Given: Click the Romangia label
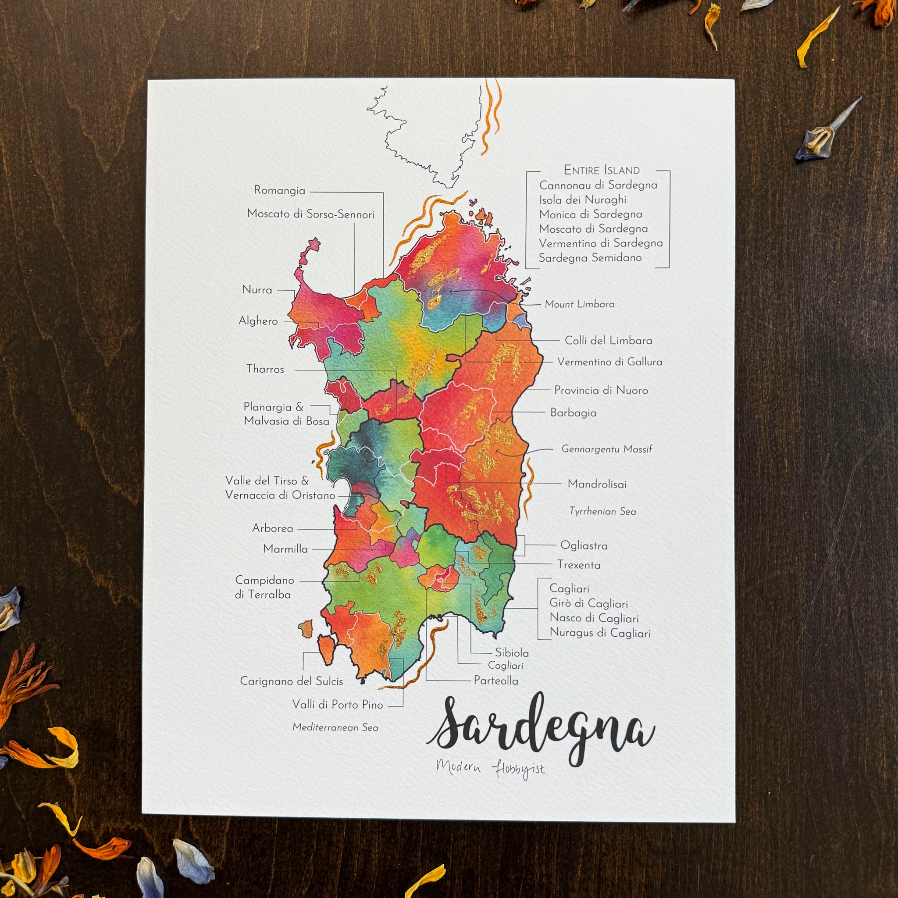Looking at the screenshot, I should [x=279, y=190].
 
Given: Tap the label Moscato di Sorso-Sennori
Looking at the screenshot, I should [x=310, y=214].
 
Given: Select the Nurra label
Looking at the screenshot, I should [x=257, y=289].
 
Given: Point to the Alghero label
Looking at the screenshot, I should [x=258, y=321].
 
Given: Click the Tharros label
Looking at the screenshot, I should [x=265, y=369].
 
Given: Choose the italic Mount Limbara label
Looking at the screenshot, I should [x=579, y=304].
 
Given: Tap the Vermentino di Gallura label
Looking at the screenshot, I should [x=609, y=362].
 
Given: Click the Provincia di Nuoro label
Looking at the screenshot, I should [x=601, y=390].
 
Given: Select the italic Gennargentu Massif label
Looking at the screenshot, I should [x=606, y=449].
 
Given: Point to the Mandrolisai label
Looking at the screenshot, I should [x=597, y=484].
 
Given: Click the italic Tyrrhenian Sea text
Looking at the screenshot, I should [x=602, y=511].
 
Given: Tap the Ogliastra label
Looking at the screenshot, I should [x=584, y=545].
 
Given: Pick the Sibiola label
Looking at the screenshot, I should [x=511, y=652].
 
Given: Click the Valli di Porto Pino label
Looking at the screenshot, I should [x=338, y=705].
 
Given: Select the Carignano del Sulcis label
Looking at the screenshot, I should [x=292, y=681].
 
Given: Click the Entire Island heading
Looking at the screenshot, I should [x=602, y=170].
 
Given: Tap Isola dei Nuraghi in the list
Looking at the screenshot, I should [x=582, y=200].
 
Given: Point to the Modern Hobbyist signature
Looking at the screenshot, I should [x=490, y=769].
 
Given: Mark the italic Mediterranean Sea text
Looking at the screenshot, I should [x=335, y=727].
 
